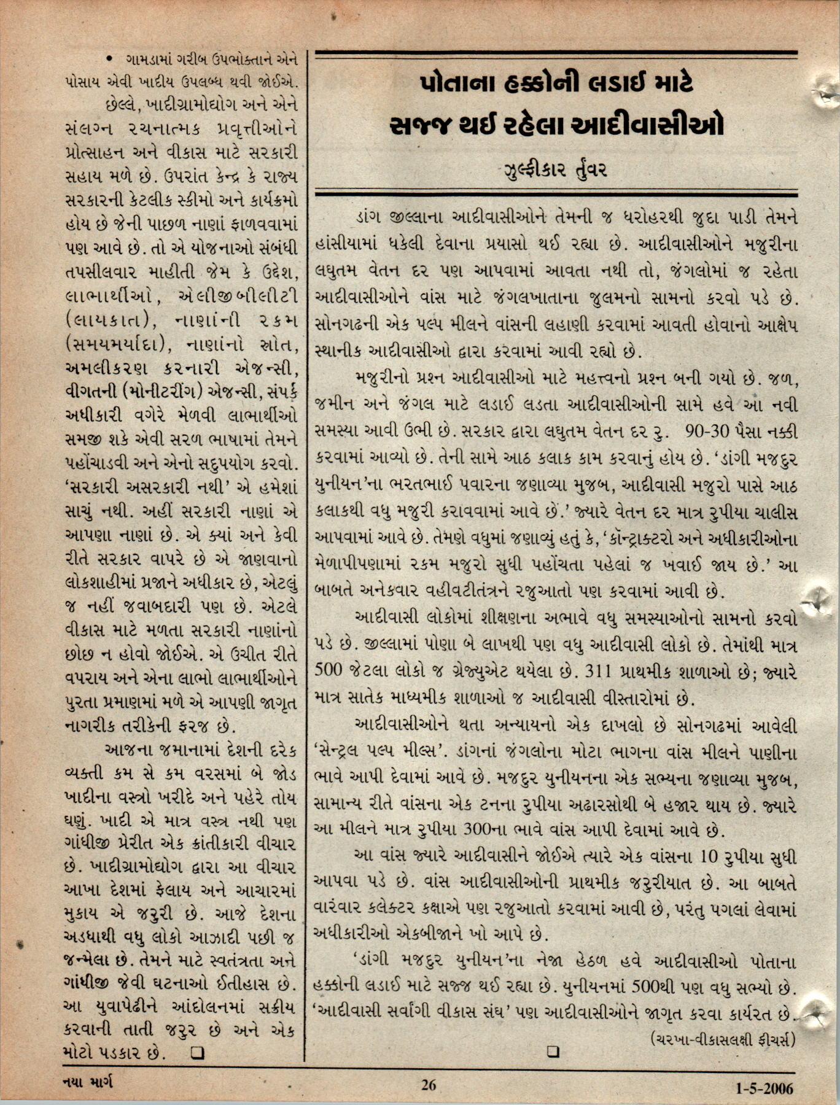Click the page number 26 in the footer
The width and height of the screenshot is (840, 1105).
[x=428, y=1085]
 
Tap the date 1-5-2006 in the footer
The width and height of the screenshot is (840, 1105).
[x=764, y=1088]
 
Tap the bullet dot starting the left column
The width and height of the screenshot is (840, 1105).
[x=109, y=59]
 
